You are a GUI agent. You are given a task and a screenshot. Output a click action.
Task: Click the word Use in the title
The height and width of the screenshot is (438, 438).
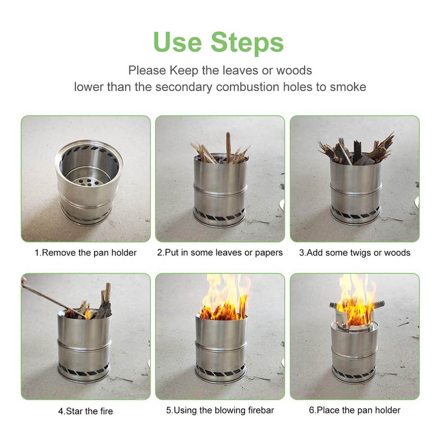[177, 43]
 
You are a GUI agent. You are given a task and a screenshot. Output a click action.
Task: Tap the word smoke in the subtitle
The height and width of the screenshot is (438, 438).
[344, 87]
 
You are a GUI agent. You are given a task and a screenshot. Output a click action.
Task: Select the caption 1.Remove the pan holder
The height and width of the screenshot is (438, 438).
[86, 252]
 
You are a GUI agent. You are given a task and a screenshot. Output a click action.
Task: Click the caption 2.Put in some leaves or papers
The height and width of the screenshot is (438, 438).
[220, 252]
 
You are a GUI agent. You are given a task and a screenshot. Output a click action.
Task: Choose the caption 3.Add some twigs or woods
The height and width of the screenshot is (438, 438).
[355, 252]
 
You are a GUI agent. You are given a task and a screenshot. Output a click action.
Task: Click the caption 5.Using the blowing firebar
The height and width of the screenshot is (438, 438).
[220, 410]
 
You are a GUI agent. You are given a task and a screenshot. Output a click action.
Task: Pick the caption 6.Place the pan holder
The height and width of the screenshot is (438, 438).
[355, 410]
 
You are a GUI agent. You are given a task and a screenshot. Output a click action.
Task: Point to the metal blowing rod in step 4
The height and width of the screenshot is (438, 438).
[49, 296]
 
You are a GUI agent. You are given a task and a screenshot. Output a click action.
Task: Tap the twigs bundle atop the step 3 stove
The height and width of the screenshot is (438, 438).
[356, 151]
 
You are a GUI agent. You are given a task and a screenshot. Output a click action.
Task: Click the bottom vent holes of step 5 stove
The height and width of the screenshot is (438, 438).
[220, 372]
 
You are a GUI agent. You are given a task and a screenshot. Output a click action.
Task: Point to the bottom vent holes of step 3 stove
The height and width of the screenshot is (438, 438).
[355, 214]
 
